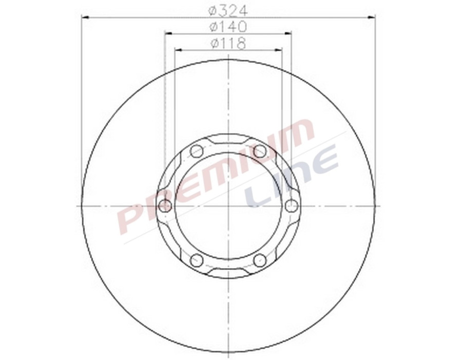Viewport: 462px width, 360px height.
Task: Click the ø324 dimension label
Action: (x=228, y=10)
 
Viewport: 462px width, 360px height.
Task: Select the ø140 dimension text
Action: (x=228, y=26)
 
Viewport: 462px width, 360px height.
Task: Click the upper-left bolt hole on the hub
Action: (x=197, y=151)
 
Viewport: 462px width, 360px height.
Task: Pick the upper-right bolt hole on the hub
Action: (x=260, y=151)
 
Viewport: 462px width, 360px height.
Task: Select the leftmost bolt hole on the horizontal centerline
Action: (x=165, y=206)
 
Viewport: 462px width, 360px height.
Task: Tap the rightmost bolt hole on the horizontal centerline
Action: (x=292, y=206)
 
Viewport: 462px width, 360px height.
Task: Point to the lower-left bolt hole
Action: (x=197, y=261)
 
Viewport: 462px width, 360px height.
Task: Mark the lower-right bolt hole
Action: (x=260, y=261)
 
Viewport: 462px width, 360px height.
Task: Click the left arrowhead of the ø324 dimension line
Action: (x=85, y=17)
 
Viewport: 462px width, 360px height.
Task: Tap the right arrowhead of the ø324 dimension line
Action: (x=372, y=17)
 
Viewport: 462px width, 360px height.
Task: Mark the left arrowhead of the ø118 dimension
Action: (x=178, y=50)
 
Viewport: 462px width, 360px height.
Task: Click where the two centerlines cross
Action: (x=228, y=206)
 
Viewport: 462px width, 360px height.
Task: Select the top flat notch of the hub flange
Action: (x=228, y=138)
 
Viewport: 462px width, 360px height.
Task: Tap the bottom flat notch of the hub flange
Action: (x=228, y=273)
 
